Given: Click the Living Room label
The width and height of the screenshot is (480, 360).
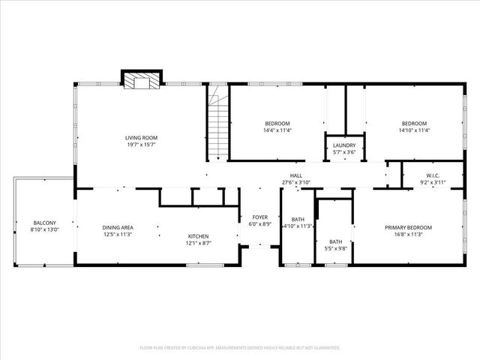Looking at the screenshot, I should coord(141,137).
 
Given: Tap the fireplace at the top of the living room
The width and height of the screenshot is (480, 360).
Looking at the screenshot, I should coord(142,79).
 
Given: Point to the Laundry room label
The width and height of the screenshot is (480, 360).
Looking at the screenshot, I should coord(345,145).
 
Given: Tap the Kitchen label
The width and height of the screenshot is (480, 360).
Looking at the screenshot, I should coord(198,236).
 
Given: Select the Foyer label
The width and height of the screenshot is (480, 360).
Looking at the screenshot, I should coord(259,217).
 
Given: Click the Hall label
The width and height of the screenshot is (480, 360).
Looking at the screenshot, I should coord(296,175).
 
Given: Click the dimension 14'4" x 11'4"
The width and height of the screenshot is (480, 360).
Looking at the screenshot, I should coord(277,130).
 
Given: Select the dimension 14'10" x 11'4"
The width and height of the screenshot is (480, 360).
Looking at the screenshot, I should coord(414,130).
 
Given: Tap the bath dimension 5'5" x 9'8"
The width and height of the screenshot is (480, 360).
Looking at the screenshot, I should coord(335,247).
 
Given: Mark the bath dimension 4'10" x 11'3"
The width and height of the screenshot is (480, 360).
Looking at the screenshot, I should coord(298,226).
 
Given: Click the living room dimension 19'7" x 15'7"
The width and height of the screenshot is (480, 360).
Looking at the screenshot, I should coord(141,145).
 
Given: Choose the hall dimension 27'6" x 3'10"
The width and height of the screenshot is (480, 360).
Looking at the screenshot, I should coord(296,182).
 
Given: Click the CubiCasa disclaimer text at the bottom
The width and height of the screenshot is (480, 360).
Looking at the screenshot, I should coord(240,348).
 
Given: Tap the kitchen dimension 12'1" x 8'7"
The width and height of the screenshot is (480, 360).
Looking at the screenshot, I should coord(198,244).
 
